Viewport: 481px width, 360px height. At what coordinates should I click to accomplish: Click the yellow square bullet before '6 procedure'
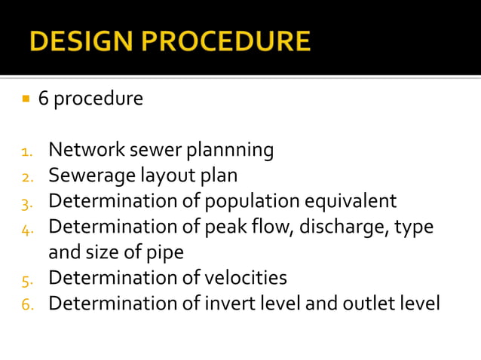pos(25,99)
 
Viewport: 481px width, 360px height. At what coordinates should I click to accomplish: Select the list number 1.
pos(27,151)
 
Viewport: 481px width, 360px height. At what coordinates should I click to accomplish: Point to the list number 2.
pos(27,177)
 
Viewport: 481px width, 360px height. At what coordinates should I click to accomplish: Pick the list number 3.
pos(27,203)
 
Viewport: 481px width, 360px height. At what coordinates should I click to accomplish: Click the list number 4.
pos(27,227)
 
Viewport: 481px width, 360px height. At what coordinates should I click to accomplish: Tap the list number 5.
pos(27,279)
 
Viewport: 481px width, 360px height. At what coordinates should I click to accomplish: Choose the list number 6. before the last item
pos(27,304)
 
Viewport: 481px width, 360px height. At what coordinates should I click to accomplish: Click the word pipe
pos(164,253)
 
